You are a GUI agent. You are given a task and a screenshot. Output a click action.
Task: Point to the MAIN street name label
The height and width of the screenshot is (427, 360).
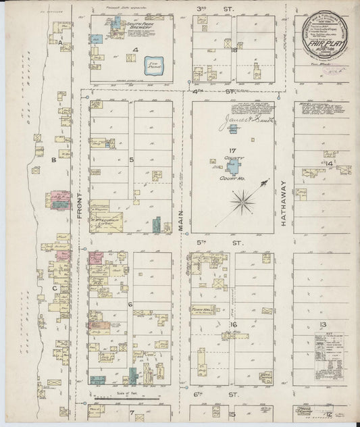click(x=182, y=220)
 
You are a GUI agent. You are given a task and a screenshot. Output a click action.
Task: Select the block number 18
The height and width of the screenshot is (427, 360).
click(x=234, y=50)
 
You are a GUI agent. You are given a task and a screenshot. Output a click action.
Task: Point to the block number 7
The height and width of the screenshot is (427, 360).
click(x=132, y=411)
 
